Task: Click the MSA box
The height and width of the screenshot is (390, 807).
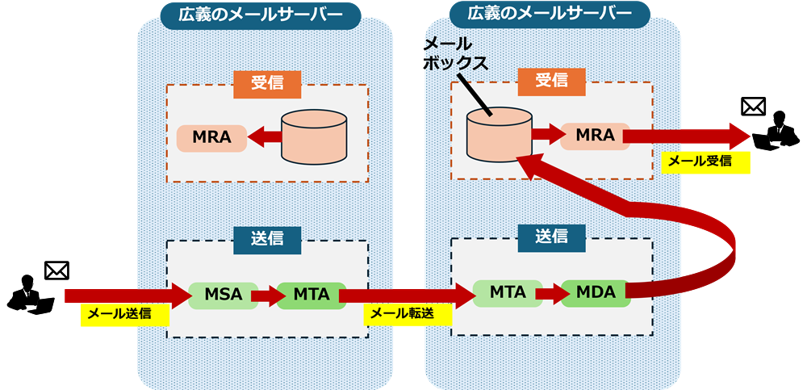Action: pos(223,296)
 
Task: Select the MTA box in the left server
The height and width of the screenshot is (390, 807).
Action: pos(311,296)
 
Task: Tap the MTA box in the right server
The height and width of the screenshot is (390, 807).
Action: pos(508,292)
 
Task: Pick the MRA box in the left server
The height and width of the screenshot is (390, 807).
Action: pos(211,138)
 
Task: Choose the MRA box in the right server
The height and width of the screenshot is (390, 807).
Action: pos(596,136)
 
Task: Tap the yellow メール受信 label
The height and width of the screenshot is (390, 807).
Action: pos(705,161)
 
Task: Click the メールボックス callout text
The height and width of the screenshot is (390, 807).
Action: pos(455,53)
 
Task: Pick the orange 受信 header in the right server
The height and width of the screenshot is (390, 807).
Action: pos(551,81)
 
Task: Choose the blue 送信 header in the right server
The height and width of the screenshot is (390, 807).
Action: pos(551,237)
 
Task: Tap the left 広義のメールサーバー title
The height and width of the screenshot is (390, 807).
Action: pos(250,15)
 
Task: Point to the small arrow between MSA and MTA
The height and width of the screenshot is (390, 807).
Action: pos(266,296)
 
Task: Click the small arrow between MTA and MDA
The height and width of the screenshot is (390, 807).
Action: pos(550,293)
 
